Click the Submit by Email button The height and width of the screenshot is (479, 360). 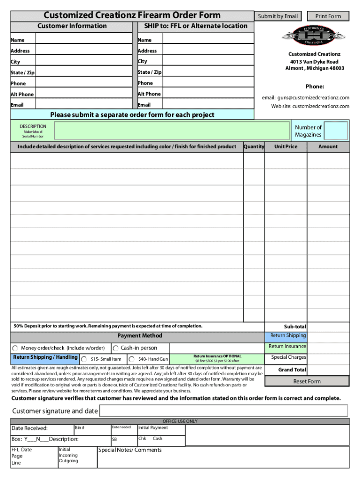click(277, 16)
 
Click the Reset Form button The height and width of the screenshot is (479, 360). click(307, 381)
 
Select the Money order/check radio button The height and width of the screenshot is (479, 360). click(15, 348)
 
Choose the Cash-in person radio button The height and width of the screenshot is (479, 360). click(115, 348)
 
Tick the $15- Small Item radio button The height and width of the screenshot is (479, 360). click(84, 359)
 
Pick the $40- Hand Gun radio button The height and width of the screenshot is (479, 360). click(132, 359)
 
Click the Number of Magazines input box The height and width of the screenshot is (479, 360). click(336, 131)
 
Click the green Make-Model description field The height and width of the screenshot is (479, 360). click(172, 131)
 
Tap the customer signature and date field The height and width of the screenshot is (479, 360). click(223, 411)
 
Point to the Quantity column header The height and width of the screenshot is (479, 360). click(254, 147)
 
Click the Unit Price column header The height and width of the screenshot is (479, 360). click(286, 147)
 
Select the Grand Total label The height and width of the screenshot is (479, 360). click(292, 370)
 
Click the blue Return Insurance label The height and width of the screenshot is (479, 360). click(287, 347)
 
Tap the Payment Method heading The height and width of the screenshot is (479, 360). click(140, 336)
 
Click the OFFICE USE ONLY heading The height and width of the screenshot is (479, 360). click(180, 421)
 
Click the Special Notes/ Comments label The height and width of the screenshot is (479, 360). click(130, 450)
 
